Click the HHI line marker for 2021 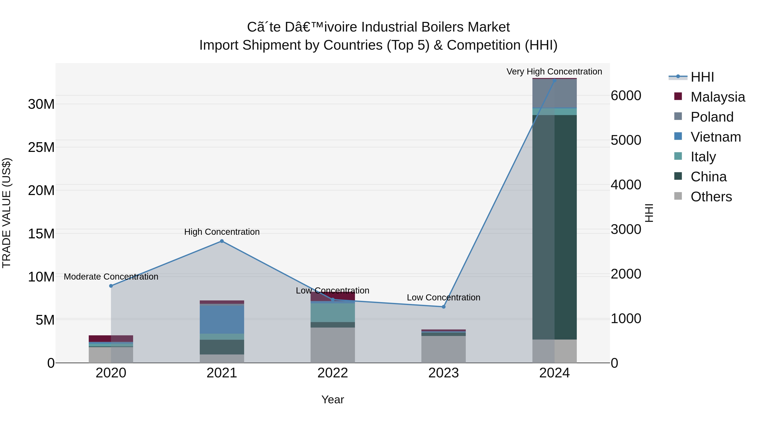[222, 241]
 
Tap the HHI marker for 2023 [443, 307]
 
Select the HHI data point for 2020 [111, 286]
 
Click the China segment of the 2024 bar [554, 227]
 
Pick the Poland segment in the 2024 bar [554, 93]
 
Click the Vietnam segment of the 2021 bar [222, 320]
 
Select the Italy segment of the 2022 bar [333, 313]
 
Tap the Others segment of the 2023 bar [443, 349]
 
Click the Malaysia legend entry [717, 97]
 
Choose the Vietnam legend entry [716, 137]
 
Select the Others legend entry [711, 197]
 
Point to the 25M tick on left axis [41, 147]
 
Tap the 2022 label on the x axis [333, 373]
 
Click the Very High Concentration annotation [554, 72]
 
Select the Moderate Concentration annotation [111, 277]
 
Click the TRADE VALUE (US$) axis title [7, 213]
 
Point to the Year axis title [333, 399]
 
